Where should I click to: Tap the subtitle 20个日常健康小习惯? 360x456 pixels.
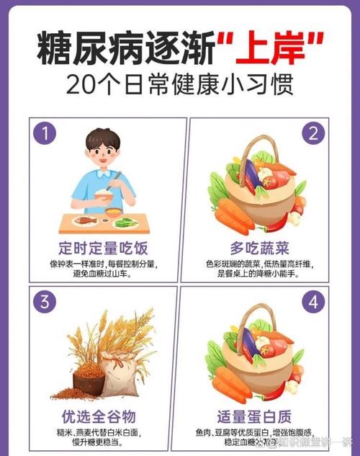click(x=180, y=84)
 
